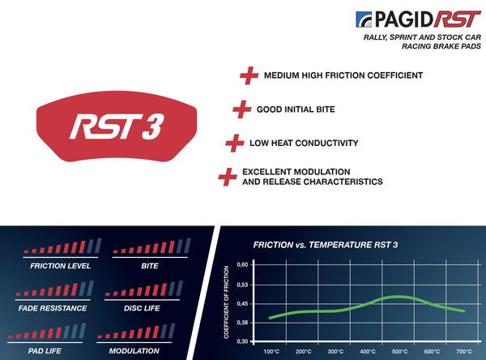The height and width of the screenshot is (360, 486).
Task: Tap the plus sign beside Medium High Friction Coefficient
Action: [x=249, y=75]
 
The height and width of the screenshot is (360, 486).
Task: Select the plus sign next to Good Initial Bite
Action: [x=241, y=109]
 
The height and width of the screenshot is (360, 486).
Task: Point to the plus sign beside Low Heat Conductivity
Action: [x=234, y=143]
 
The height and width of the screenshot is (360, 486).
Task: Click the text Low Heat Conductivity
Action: [x=305, y=143]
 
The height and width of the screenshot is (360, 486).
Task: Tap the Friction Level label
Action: [x=60, y=265]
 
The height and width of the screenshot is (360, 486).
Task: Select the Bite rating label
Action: [x=149, y=265]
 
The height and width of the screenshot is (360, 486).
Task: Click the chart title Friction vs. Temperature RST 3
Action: [x=325, y=244]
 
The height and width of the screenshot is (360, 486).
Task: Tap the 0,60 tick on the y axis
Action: [x=243, y=265]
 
